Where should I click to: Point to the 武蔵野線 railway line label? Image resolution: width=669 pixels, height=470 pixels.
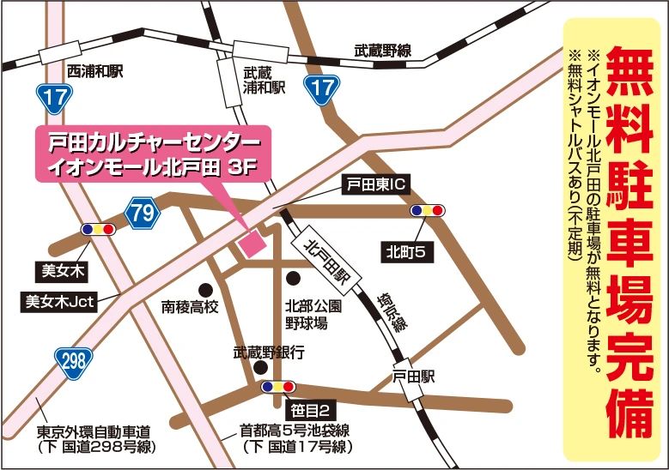point(382,51)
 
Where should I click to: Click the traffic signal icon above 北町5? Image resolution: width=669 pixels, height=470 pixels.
point(428,210)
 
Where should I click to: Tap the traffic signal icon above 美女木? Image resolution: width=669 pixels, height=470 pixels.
point(97,230)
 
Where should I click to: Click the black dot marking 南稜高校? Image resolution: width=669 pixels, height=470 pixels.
point(204,288)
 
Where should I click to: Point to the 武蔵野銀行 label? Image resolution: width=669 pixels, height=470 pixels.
point(269,352)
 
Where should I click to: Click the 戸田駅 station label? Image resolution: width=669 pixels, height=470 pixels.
point(415,376)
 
